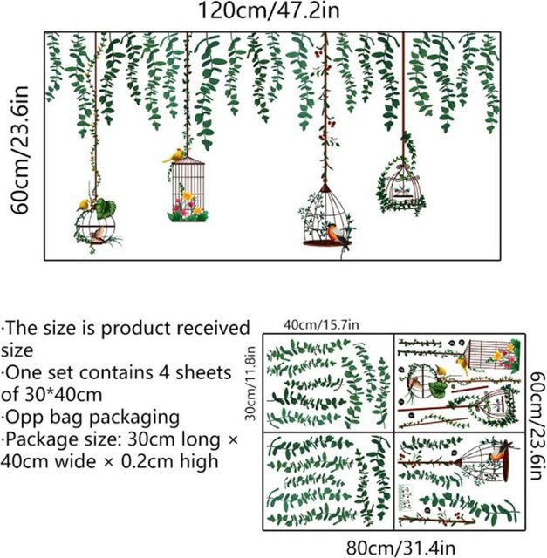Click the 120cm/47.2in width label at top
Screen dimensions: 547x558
coord(269,10)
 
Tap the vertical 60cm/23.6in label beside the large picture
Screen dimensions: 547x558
coord(18,150)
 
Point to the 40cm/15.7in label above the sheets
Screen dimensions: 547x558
coord(321,325)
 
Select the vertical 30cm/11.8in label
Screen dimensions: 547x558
coord(250,384)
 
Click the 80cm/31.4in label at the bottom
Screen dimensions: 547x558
coord(400,548)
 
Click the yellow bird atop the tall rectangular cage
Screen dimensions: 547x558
coord(174,156)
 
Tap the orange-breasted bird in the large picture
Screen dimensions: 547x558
coord(338,235)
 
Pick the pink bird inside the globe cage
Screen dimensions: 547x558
coord(97,235)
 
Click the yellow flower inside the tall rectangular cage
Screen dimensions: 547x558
coord(187,195)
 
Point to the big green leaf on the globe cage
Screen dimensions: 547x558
coord(106,208)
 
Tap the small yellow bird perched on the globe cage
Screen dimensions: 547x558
coord(84,205)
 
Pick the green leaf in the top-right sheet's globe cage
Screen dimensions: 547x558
coord(438,390)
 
